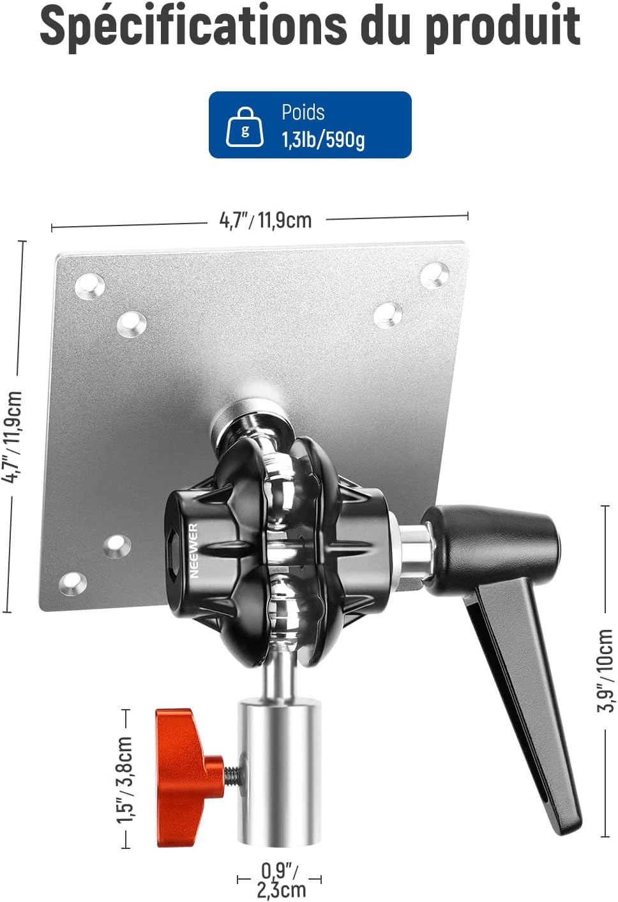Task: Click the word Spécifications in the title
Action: point(193,27)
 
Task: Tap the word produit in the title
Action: point(503,27)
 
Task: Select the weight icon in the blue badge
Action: point(245,127)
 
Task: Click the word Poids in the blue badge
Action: point(303,112)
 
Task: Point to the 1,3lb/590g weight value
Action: point(322,140)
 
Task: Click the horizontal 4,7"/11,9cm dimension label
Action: point(266,220)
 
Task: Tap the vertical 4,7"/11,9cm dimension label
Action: point(11,436)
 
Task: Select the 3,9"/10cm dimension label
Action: point(605,671)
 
